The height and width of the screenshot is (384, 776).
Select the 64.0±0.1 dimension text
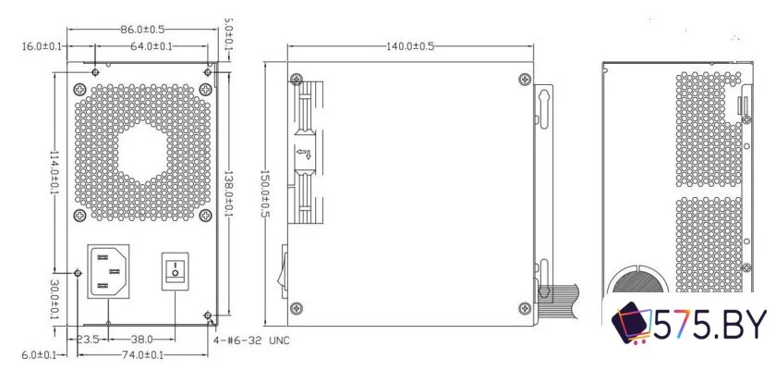[152, 46]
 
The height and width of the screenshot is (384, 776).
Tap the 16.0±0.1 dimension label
[41, 46]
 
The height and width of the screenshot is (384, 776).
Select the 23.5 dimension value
[89, 340]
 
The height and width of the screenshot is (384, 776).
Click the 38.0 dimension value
[141, 340]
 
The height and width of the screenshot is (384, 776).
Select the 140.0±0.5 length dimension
[411, 46]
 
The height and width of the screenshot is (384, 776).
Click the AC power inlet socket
[109, 270]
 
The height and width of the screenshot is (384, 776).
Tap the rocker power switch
[176, 271]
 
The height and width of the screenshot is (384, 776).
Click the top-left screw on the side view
[295, 79]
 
